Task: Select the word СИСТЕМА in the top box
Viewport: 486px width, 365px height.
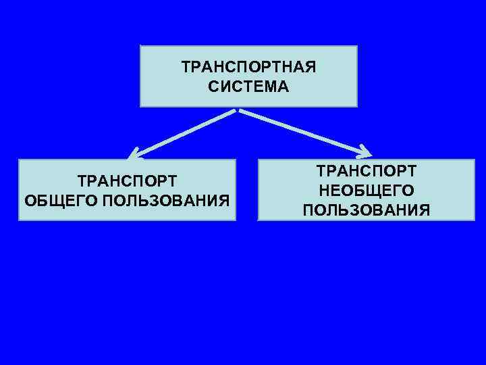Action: click(248, 87)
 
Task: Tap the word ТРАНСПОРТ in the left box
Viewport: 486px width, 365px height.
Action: click(128, 181)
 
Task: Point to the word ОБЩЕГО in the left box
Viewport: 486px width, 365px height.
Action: click(56, 201)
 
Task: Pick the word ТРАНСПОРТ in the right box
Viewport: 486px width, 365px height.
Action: click(367, 172)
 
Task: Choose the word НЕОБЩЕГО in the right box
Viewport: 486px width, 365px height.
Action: click(367, 191)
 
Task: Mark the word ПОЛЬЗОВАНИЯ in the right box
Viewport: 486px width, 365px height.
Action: click(367, 210)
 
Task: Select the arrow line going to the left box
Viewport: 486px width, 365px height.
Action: click(186, 132)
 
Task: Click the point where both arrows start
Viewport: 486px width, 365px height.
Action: click(237, 109)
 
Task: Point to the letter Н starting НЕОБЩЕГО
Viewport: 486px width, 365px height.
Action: click(323, 191)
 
